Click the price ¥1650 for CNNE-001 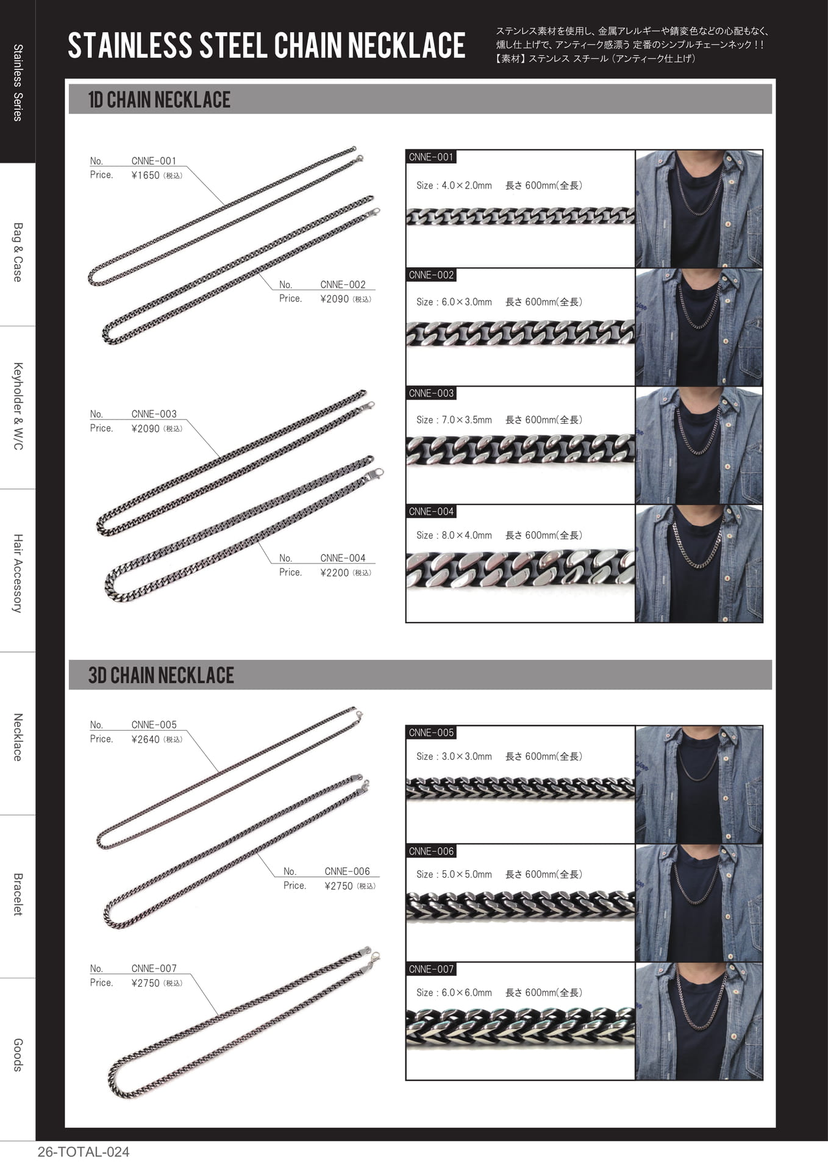point(145,176)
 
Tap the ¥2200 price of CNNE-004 point(334,573)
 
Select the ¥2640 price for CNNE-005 point(145,739)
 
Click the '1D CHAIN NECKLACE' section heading point(159,99)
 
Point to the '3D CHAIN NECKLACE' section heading point(161,675)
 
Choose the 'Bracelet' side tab point(18,895)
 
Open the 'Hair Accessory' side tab point(18,573)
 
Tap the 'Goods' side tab point(18,1055)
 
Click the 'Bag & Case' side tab point(18,252)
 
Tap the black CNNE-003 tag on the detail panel point(431,393)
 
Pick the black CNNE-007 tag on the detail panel point(431,969)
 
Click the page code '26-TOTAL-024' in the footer point(84,1152)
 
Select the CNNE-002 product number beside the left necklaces point(343,285)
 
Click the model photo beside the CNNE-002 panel point(699,327)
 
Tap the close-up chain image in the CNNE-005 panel point(520,789)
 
